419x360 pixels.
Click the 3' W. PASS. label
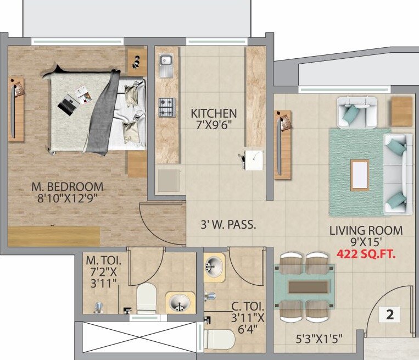(228, 225)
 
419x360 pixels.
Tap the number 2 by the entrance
(390, 315)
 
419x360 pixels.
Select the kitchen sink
(166, 65)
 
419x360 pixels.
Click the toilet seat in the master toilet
(147, 297)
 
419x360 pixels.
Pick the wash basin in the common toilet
(214, 267)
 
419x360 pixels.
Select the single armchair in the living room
(356, 111)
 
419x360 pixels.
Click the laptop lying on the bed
(68, 104)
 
